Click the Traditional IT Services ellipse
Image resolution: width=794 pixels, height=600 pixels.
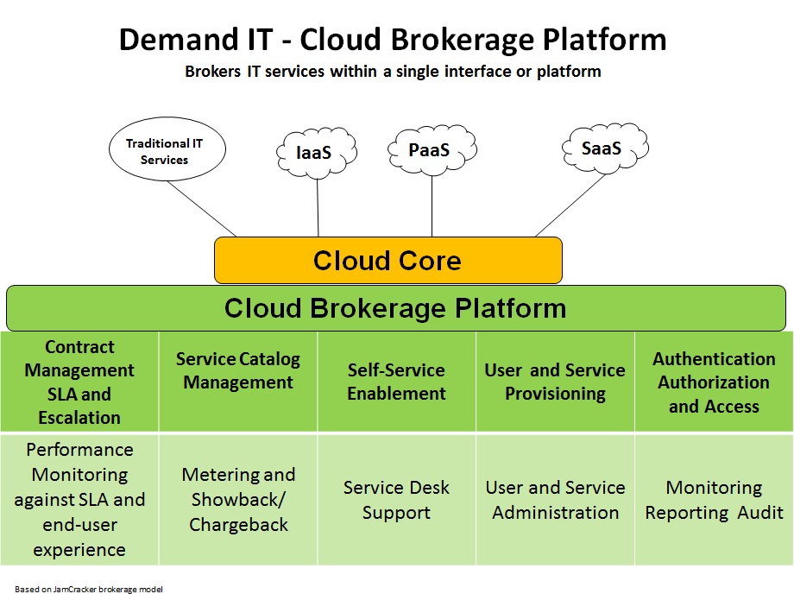click(167, 149)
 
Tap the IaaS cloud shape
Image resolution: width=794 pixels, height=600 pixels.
click(317, 153)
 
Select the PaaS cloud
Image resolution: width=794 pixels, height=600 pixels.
click(432, 149)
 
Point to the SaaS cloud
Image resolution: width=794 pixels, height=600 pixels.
click(605, 148)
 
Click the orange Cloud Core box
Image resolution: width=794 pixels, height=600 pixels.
click(388, 260)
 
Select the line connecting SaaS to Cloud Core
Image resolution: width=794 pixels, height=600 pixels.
click(570, 205)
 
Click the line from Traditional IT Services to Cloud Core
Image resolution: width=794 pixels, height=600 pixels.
click(202, 209)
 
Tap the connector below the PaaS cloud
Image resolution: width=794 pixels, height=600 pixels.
click(432, 206)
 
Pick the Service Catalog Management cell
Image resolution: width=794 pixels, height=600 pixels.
click(238, 382)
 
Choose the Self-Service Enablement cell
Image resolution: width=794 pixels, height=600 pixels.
click(396, 382)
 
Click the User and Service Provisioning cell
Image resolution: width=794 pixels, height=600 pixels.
click(555, 382)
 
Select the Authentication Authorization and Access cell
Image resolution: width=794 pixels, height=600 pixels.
click(714, 382)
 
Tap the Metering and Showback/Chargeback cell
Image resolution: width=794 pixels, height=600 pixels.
click(238, 500)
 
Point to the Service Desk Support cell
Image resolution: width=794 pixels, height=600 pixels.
click(396, 500)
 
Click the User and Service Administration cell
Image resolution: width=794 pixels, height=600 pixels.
click(555, 500)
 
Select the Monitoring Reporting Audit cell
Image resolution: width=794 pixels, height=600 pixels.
click(714, 500)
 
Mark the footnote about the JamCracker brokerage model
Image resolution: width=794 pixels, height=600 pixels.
click(89, 589)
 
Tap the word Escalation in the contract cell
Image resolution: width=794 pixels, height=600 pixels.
click(79, 418)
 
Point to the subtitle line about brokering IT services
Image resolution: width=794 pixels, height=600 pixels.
click(393, 72)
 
